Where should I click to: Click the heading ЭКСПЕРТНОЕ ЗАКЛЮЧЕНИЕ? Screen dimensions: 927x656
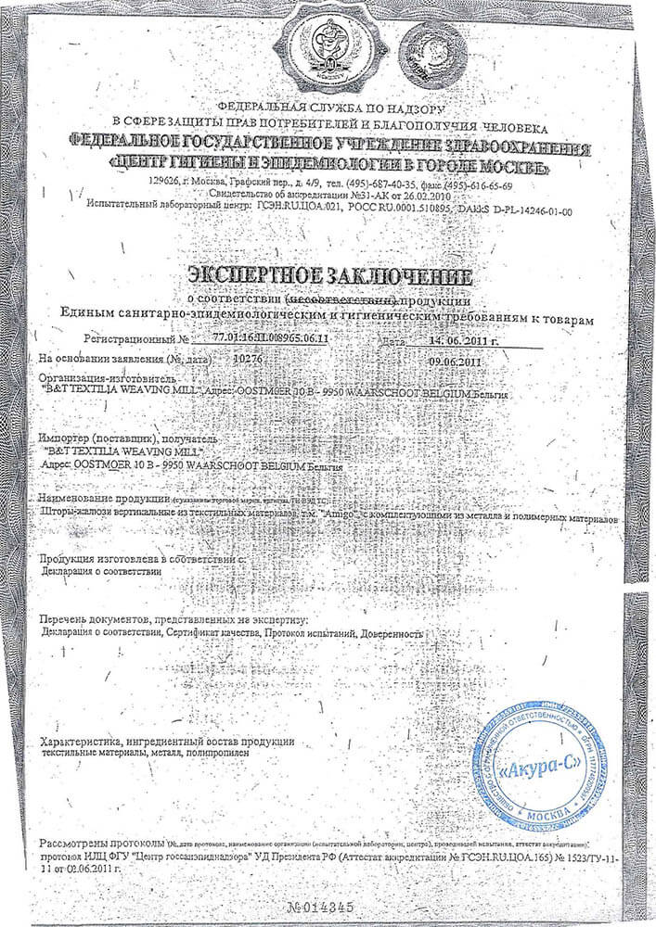click(x=328, y=275)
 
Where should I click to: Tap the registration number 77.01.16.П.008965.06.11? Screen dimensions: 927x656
click(x=271, y=341)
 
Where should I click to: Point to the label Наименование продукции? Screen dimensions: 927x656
click(x=101, y=499)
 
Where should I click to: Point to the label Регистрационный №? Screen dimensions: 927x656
click(x=135, y=341)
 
